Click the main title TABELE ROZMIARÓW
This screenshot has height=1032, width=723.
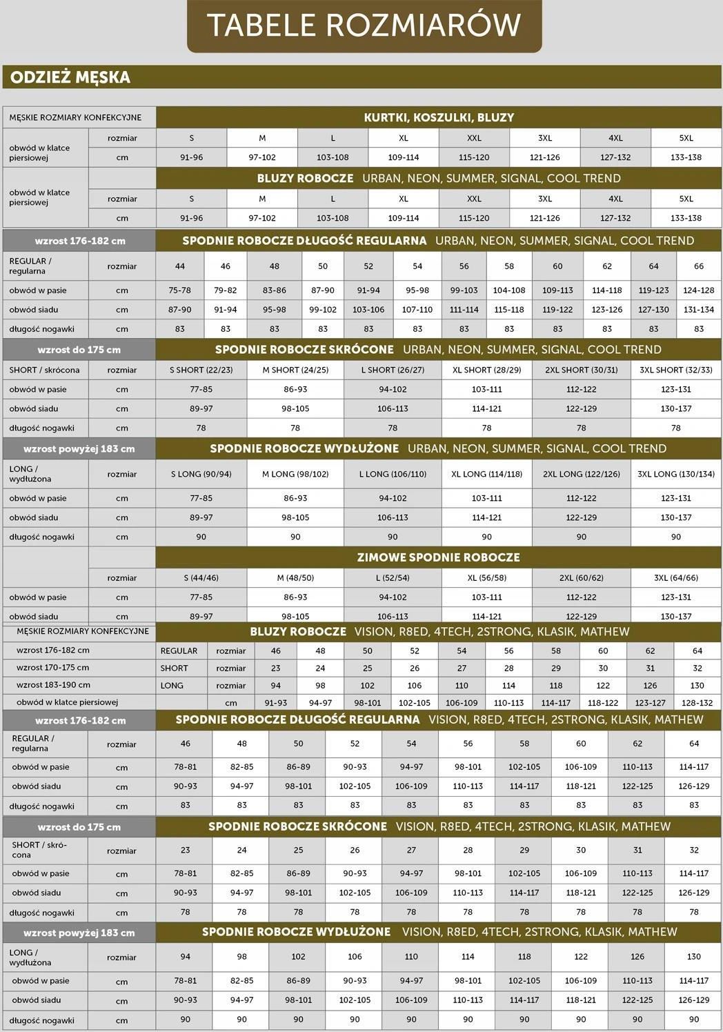[x=364, y=25]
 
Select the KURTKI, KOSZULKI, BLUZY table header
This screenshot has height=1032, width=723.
[x=439, y=117]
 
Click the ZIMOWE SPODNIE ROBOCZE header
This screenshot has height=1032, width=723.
[x=439, y=557]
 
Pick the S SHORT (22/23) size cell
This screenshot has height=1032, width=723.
[x=201, y=370]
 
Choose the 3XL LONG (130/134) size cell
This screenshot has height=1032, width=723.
[x=675, y=474]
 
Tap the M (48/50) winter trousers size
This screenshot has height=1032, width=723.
[x=295, y=578]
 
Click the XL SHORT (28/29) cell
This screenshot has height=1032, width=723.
[x=486, y=370]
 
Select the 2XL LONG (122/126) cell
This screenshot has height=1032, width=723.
[x=581, y=474]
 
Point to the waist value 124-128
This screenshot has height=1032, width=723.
[x=698, y=290]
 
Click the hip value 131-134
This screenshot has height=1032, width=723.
[x=698, y=310]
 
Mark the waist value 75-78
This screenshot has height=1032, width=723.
[x=179, y=290]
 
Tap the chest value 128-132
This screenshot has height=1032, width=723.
[x=697, y=703]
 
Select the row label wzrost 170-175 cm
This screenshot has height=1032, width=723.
[x=53, y=668]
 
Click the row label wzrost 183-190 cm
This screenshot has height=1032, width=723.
[x=53, y=685]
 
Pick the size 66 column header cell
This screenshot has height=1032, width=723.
[x=698, y=266]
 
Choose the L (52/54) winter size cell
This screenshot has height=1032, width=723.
[x=393, y=578]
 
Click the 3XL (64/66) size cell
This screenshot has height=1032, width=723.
[x=675, y=578]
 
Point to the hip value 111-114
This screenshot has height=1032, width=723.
[x=464, y=310]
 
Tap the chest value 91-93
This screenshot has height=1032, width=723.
[x=276, y=703]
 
